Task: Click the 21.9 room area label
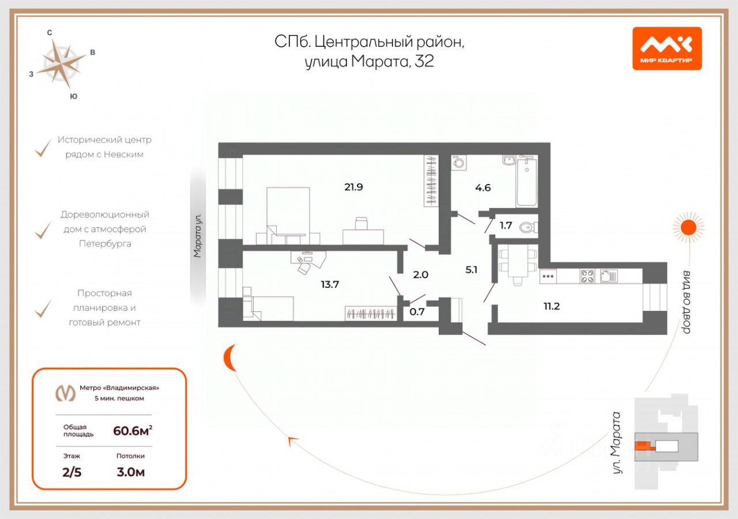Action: pos(353,187)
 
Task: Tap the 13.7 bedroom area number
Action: pos(330,284)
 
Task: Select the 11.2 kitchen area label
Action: pos(552,306)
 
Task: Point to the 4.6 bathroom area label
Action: pos(483,188)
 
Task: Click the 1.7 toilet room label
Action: pos(506,225)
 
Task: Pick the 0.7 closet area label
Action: pos(417,311)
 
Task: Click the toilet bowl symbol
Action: pos(529,227)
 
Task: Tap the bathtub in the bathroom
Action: pos(527,181)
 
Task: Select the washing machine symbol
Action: pos(458,163)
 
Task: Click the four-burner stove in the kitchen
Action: pos(587,276)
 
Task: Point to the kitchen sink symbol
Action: pos(609,276)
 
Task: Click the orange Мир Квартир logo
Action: pos(667,48)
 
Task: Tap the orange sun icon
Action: pos(688,227)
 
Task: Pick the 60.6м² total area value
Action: pos(133,430)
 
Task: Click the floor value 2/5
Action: pos(72,472)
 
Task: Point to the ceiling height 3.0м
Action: pos(130,472)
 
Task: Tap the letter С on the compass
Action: pos(50,32)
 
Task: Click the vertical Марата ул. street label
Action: pos(197,235)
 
